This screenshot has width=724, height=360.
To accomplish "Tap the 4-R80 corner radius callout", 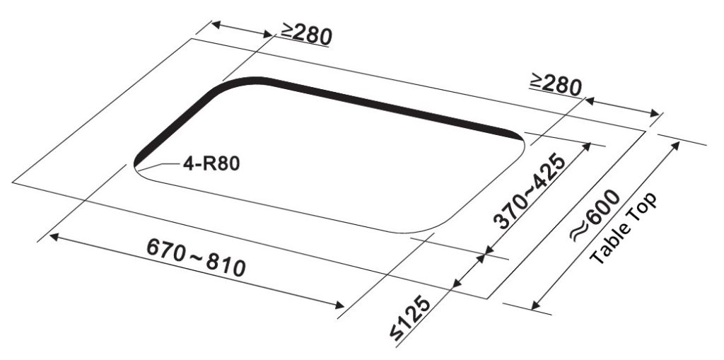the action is [x=211, y=163].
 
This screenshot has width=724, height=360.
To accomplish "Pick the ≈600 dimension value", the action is [x=595, y=215].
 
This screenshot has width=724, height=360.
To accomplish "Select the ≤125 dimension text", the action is [x=410, y=320].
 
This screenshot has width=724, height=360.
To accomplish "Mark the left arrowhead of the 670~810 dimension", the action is [x=54, y=237].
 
